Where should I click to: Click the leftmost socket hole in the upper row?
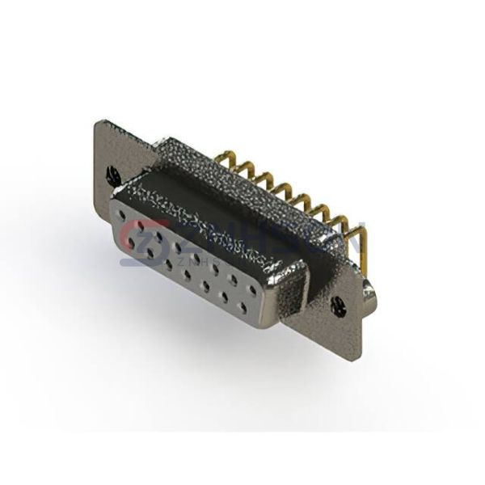coord(122,216)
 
